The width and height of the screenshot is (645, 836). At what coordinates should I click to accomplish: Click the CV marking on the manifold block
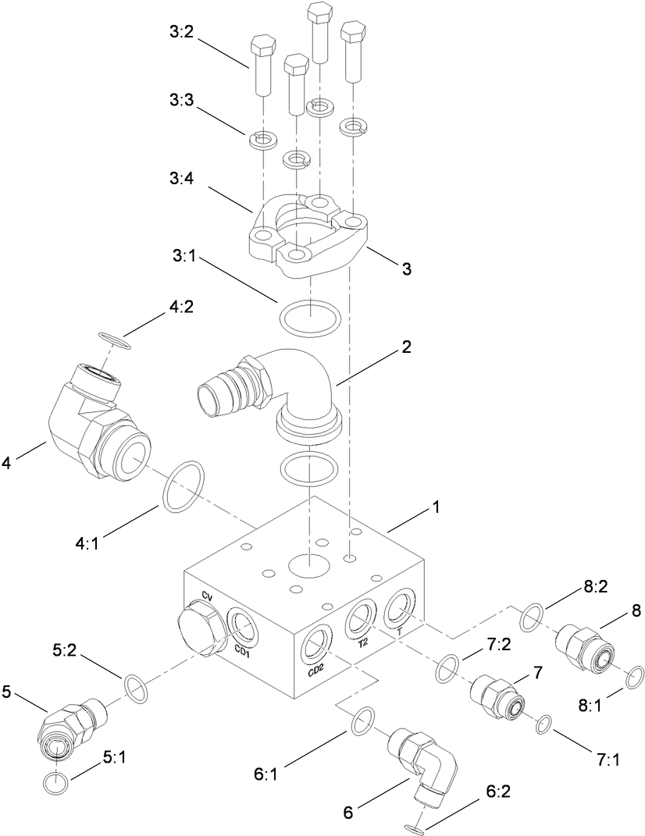click(207, 596)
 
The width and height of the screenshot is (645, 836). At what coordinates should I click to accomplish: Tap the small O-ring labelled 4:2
click(115, 340)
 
